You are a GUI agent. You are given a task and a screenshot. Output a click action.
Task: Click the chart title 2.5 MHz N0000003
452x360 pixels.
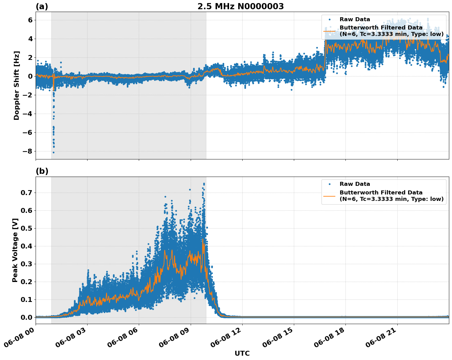(x=240, y=6)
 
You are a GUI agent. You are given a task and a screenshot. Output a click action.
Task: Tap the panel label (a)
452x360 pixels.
(x=42, y=6)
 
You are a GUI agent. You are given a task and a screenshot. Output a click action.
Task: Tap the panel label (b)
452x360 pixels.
(x=42, y=171)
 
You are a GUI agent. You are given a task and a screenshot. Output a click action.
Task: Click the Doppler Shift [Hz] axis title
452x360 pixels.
(x=17, y=85)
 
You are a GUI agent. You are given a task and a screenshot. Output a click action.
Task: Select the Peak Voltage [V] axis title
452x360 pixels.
(x=15, y=250)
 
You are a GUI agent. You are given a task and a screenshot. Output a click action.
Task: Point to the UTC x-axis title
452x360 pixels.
(x=242, y=353)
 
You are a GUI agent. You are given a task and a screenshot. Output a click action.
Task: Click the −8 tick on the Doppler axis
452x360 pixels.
(x=27, y=151)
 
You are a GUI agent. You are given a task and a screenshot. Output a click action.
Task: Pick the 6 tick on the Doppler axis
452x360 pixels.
(x=30, y=20)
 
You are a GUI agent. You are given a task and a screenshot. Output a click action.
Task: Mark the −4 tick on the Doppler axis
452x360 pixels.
(x=27, y=114)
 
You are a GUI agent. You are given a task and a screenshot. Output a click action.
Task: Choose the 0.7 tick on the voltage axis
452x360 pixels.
(x=27, y=193)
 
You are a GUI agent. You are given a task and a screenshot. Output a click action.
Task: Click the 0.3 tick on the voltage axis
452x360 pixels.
(x=27, y=264)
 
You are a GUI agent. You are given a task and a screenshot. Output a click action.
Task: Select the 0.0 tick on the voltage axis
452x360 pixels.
(x=27, y=317)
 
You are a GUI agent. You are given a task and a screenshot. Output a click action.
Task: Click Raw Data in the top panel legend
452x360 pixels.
(x=355, y=20)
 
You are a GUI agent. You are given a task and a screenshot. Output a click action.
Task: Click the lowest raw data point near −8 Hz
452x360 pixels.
(x=53, y=152)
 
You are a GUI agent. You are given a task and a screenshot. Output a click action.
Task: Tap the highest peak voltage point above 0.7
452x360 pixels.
(x=204, y=184)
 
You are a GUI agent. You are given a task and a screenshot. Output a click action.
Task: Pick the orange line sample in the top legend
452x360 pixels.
(x=329, y=31)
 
